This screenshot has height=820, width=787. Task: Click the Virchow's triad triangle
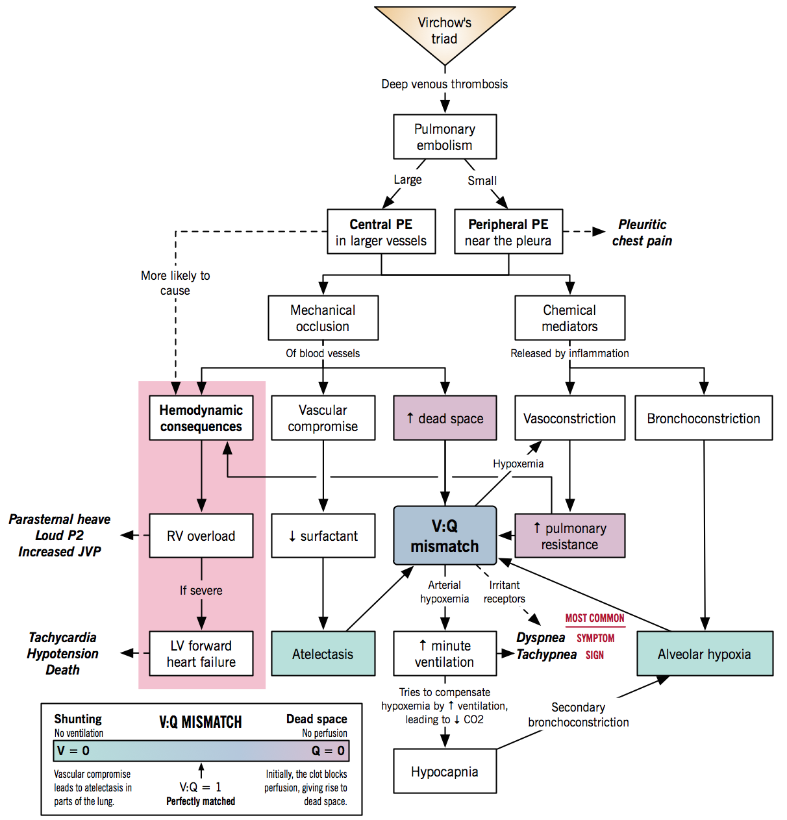point(445,31)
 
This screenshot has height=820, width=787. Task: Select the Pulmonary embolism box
point(445,137)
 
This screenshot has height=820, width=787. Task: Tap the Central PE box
point(381,232)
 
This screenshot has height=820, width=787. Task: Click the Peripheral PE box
point(508,232)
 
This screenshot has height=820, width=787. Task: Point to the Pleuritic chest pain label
point(642,232)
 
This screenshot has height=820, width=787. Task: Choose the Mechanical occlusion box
point(323,318)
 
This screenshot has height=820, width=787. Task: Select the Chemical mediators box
point(569,318)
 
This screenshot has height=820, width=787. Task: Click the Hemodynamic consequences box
point(201,418)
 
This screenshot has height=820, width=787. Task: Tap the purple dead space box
point(445,418)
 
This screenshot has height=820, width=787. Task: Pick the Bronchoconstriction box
point(703,418)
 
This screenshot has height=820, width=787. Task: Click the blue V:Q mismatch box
point(445,536)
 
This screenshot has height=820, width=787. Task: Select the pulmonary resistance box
point(569,536)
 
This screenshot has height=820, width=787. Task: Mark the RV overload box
point(201,536)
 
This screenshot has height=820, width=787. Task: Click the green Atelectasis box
point(323,654)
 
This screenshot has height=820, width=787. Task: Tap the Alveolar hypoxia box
point(705,654)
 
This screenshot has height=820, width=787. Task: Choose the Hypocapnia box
point(445,771)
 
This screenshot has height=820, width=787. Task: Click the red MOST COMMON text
point(595,618)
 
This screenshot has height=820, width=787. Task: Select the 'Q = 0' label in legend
point(328,751)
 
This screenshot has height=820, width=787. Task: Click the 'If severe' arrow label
point(201,590)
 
